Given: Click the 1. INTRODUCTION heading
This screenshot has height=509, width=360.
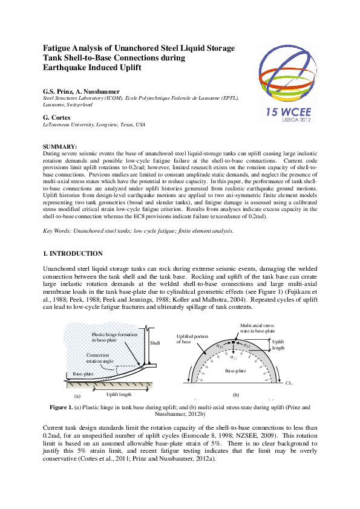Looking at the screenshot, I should [x=73, y=253].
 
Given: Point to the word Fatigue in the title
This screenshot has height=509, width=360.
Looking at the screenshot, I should [x=59, y=47].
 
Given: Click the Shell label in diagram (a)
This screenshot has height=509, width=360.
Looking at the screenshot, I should [x=155, y=343].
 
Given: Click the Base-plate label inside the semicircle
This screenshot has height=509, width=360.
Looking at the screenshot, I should [x=235, y=369].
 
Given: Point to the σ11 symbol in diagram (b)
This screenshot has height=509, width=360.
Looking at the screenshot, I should [x=232, y=357].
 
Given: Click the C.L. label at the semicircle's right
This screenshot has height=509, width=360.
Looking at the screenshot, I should [x=290, y=383].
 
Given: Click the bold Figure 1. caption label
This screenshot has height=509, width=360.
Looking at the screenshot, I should [x=62, y=408].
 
